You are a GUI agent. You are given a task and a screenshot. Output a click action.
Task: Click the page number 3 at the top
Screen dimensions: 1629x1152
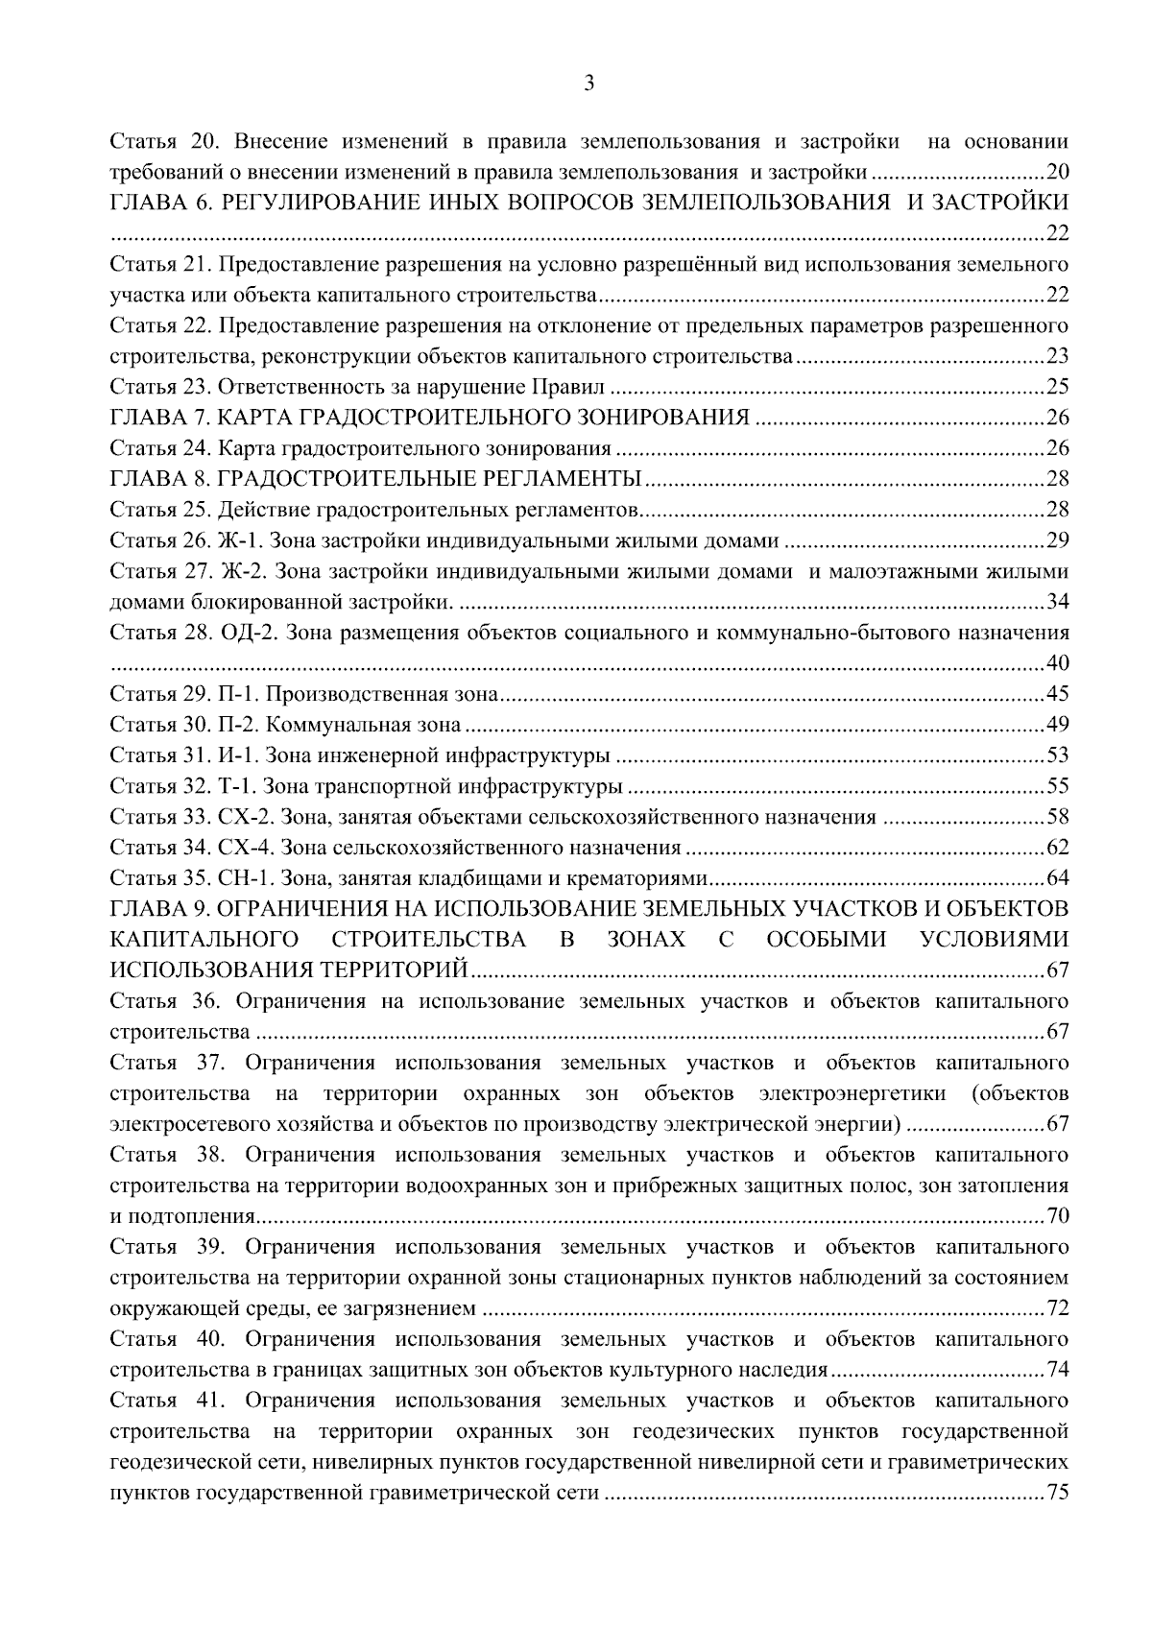(x=589, y=84)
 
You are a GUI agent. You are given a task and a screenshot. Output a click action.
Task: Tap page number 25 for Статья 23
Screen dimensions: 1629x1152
(x=1057, y=388)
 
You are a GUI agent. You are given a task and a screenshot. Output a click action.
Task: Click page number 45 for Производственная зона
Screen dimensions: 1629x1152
(x=1057, y=694)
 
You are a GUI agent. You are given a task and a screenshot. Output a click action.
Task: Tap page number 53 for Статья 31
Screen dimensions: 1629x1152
(x=1057, y=755)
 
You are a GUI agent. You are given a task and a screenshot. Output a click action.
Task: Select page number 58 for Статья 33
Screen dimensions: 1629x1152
(x=1057, y=818)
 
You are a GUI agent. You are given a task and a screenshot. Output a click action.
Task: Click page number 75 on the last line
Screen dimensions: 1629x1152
(x=1057, y=1494)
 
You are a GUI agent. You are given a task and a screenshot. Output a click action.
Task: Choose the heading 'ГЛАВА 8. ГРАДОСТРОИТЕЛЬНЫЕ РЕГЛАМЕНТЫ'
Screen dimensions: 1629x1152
(x=376, y=479)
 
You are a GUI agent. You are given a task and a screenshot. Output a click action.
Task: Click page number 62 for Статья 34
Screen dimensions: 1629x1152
(x=1057, y=849)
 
